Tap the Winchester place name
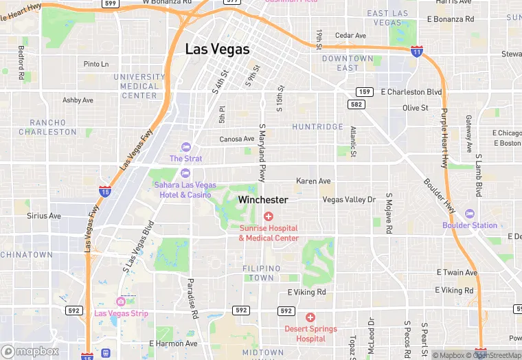pos(263,200)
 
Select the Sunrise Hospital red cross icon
pos(269,216)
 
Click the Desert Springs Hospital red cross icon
pos(310,317)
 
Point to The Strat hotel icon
pos(185,147)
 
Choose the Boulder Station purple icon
pos(470,214)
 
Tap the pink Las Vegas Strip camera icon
pos(121,302)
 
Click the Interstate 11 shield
pos(416,51)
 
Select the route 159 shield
pos(364,91)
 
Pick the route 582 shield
pos(356,104)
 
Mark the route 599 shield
pos(109,3)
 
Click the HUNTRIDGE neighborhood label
pos(317,127)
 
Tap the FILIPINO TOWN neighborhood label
pos(262,273)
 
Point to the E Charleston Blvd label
pos(411,91)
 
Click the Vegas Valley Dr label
pos(350,200)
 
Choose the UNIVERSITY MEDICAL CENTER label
pos(139,87)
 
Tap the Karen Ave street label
pos(313,181)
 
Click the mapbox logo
pos(30,351)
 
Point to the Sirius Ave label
pos(44,216)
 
